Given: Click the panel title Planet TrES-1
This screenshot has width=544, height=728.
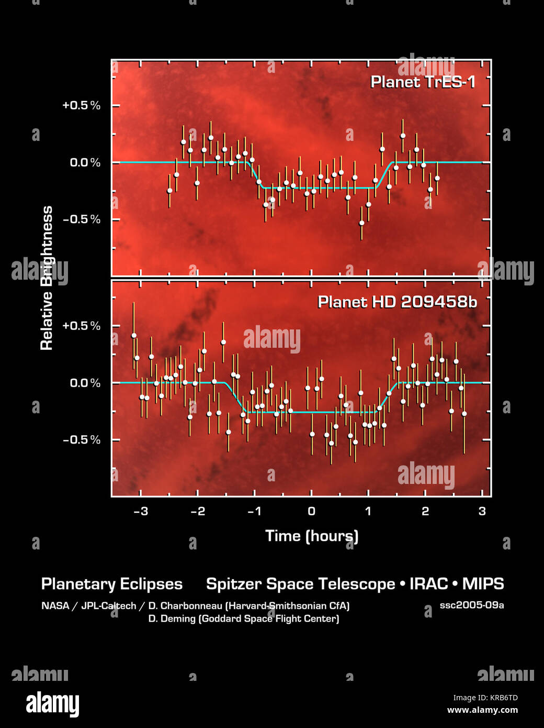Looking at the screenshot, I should tap(423, 82).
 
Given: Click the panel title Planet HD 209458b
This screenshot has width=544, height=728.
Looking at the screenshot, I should tap(397, 302).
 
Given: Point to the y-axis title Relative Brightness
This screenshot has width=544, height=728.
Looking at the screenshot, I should tap(47, 278).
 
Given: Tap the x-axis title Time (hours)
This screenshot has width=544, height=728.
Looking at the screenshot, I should tap(312, 536).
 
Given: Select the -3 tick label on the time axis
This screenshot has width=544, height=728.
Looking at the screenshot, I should tap(140, 511).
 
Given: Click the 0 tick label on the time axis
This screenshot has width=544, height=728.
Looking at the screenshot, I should tap(311, 511).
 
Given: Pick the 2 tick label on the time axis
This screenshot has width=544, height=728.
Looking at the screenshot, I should tap(425, 511).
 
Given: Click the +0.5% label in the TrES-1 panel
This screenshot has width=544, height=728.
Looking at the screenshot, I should tap(81, 105).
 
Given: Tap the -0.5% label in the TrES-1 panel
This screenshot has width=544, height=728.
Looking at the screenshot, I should tap(81, 219).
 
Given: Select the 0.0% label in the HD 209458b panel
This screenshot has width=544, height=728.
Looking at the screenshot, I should tap(85, 383).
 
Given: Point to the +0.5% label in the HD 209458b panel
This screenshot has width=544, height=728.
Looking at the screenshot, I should tap(81, 326).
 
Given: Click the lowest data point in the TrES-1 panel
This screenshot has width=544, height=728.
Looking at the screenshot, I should tap(361, 223).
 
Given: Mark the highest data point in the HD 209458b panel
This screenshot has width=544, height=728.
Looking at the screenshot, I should tap(134, 335).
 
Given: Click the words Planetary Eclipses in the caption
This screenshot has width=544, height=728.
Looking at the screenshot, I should tap(112, 584).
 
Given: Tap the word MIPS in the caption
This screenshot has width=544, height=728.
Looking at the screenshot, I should tap(483, 584).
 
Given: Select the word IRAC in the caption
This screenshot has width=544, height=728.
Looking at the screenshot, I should tap(426, 584).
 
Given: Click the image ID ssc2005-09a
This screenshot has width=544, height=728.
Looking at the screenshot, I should tap(471, 605).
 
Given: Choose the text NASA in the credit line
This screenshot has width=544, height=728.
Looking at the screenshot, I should tap(55, 606).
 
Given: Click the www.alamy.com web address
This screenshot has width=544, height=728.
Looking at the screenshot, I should tap(482, 710).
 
